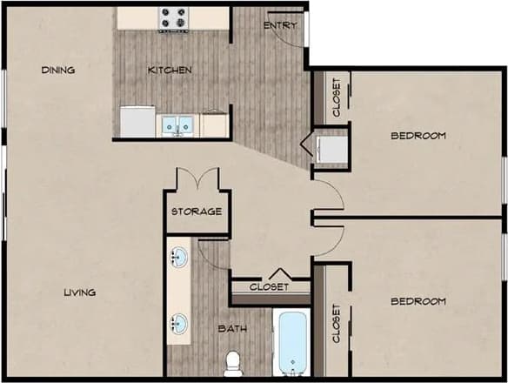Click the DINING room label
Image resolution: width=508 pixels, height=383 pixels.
pyautogui.click(x=58, y=71)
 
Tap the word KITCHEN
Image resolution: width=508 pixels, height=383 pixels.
pyautogui.click(x=170, y=70)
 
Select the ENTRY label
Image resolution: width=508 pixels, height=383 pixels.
pyautogui.click(x=279, y=25)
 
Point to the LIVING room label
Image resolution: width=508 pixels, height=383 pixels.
pyautogui.click(x=79, y=292)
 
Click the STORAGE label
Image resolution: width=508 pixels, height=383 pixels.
pyautogui.click(x=196, y=212)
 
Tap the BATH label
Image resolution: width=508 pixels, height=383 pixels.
pyautogui.click(x=232, y=329)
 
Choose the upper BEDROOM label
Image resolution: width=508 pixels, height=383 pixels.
pyautogui.click(x=418, y=135)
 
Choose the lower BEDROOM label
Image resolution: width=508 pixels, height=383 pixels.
pyautogui.click(x=418, y=301)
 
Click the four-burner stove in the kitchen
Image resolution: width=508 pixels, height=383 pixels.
pyautogui.click(x=172, y=18)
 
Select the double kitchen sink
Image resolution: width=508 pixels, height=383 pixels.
pyautogui.click(x=177, y=125)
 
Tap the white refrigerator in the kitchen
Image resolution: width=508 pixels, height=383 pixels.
pyautogui.click(x=137, y=121)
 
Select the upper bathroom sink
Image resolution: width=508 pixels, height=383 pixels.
pyautogui.click(x=178, y=258)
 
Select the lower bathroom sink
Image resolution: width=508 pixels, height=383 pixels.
pyautogui.click(x=178, y=324)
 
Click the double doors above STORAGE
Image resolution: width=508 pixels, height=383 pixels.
pyautogui.click(x=197, y=180)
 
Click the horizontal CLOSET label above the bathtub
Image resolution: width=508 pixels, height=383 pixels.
pyautogui.click(x=269, y=287)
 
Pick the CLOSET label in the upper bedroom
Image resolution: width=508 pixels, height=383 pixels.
pyautogui.click(x=337, y=97)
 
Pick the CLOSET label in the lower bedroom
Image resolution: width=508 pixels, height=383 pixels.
pyautogui.click(x=337, y=323)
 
